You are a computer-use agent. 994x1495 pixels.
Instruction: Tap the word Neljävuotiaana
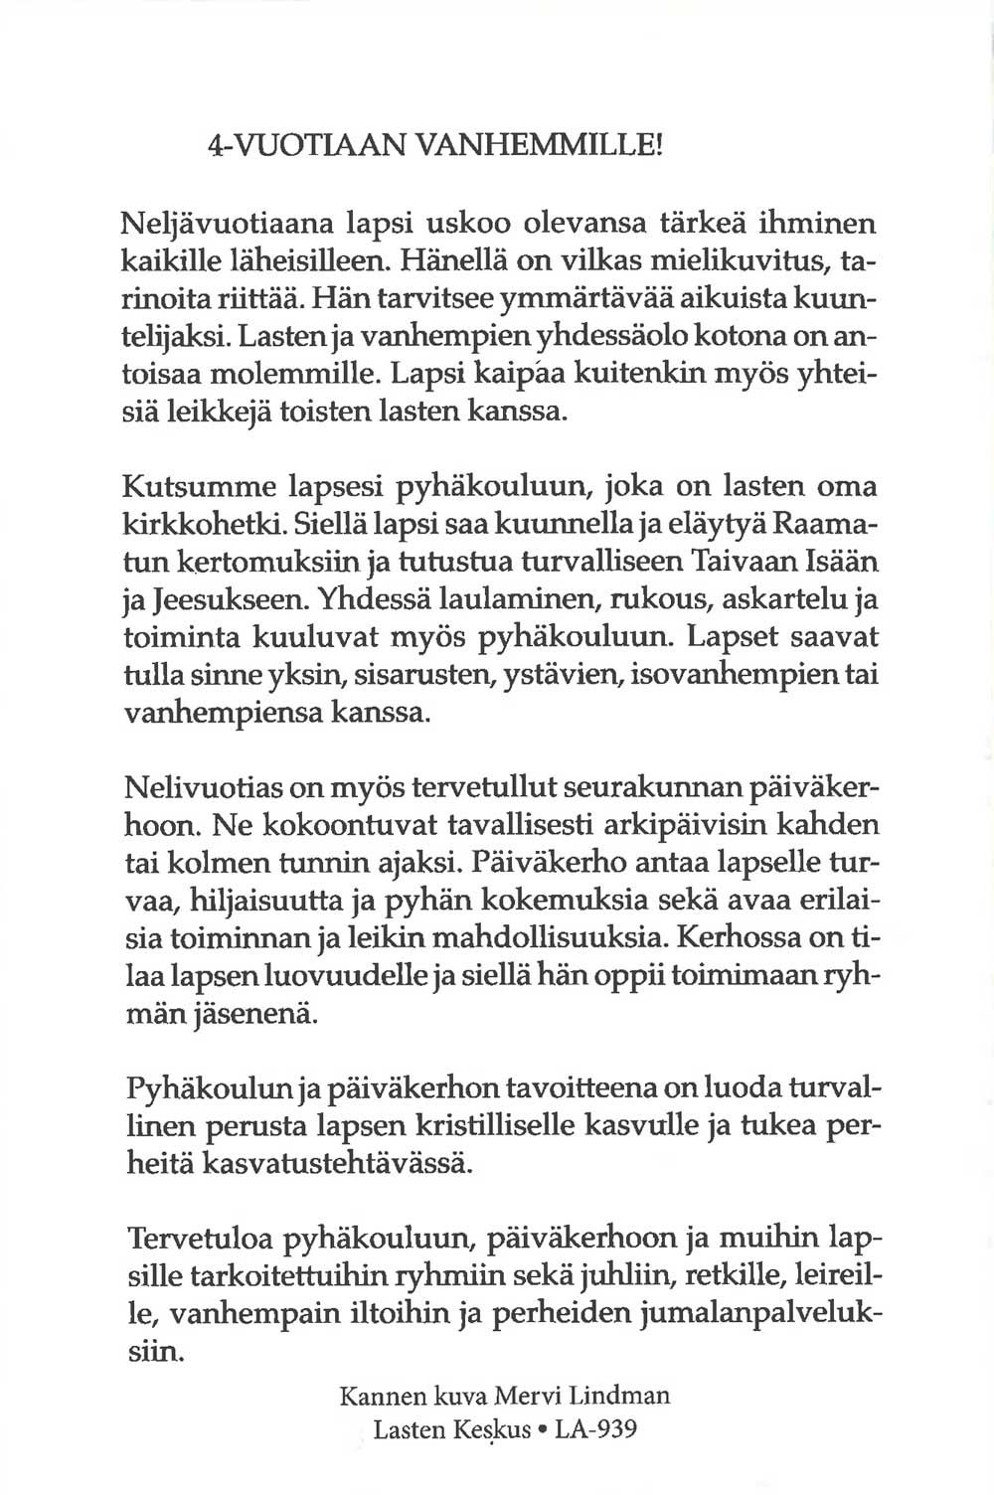click(218, 227)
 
